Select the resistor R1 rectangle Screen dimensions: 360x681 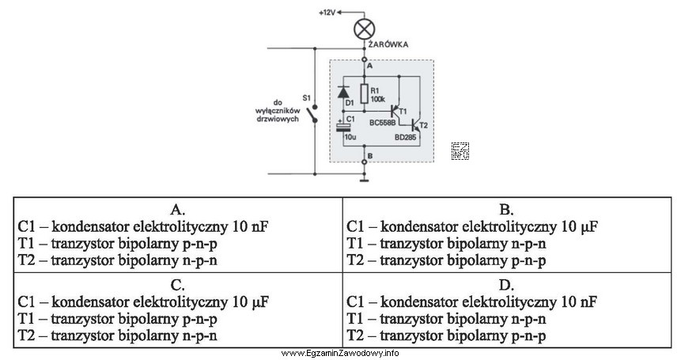click(364, 94)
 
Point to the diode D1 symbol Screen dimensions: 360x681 click(343, 92)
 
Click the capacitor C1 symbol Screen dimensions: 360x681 click(343, 127)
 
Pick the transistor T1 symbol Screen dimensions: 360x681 click(395, 110)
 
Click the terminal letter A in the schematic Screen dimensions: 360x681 click(369, 67)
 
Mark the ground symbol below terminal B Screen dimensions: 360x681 click(364, 178)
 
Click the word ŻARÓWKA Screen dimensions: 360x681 click(388, 45)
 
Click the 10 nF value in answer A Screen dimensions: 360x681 click(251, 226)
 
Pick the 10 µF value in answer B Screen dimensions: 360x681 click(581, 226)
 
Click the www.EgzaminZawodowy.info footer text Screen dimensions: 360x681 click(340, 353)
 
